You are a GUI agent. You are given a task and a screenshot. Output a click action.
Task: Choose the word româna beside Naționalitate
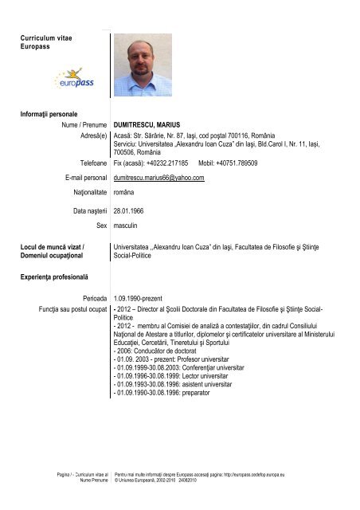126,193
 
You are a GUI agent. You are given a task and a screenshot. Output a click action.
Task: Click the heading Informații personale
48,115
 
